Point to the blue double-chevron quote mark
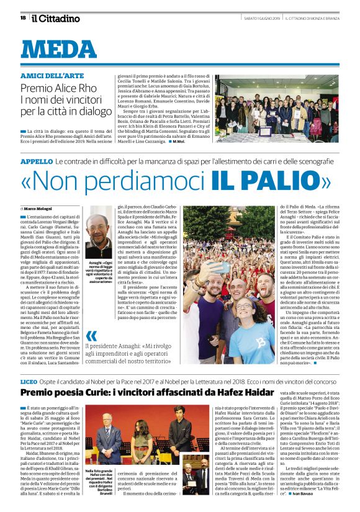coord(92,335)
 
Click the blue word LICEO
coord(29,381)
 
